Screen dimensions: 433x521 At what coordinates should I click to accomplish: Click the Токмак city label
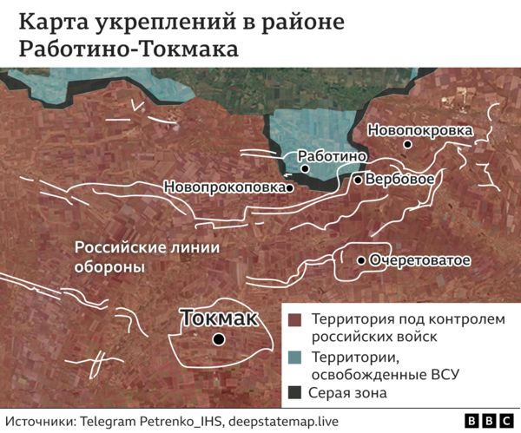coord(220,318)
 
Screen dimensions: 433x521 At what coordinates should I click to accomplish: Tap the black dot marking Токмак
coord(220,339)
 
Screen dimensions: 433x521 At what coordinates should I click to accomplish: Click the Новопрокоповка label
coord(224,187)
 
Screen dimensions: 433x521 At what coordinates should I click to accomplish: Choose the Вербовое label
coord(400,180)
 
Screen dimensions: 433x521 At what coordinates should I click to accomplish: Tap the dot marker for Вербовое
coord(358,180)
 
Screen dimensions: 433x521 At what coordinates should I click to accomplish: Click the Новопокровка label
coord(420,130)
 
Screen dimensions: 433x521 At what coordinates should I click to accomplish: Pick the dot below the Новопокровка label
coord(407,145)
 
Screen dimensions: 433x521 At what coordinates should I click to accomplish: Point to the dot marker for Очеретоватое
coord(361,259)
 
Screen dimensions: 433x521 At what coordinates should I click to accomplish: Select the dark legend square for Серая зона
coord(295,392)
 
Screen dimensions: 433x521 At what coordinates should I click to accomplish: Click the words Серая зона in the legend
coord(349,393)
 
